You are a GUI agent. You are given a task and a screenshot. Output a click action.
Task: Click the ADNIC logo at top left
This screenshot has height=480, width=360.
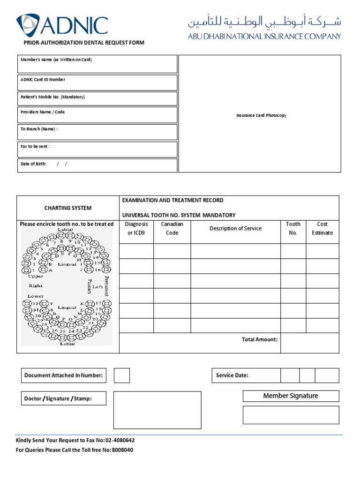click(62, 25)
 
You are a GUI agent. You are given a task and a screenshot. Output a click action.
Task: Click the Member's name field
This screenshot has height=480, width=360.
click(97, 64)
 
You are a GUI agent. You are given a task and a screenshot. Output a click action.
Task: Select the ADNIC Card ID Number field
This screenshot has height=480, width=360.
click(97, 82)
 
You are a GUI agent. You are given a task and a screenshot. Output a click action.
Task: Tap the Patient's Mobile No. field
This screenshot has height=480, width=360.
click(97, 98)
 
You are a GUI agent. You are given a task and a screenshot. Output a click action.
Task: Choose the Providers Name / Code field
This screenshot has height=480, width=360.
click(97, 115)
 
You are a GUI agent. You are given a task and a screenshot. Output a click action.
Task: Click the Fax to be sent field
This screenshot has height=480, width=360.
click(97, 149)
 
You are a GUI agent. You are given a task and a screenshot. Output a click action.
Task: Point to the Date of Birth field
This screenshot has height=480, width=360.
click(97, 165)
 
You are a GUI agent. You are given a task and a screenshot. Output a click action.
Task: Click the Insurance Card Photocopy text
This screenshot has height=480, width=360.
click(261, 115)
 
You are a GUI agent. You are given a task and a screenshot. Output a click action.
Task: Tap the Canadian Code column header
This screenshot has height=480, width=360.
click(172, 228)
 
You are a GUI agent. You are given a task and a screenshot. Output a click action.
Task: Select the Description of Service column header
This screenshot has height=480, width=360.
click(235, 228)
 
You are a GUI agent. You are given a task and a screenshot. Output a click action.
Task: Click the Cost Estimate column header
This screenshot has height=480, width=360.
click(322, 228)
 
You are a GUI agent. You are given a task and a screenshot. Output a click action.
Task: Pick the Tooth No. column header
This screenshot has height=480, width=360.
click(293, 228)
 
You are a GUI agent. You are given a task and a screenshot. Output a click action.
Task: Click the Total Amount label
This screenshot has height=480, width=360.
click(260, 339)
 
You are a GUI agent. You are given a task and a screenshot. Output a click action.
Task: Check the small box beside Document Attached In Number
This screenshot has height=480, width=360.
click(122, 375)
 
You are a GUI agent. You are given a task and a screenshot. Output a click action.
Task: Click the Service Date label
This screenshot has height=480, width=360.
click(232, 375)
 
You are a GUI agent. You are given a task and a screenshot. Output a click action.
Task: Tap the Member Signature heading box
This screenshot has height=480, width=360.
click(291, 396)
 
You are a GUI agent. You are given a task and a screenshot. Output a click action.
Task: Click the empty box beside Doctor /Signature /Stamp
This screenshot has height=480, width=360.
click(157, 410)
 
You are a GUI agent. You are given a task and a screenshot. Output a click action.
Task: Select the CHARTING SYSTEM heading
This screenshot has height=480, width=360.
click(68, 208)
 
